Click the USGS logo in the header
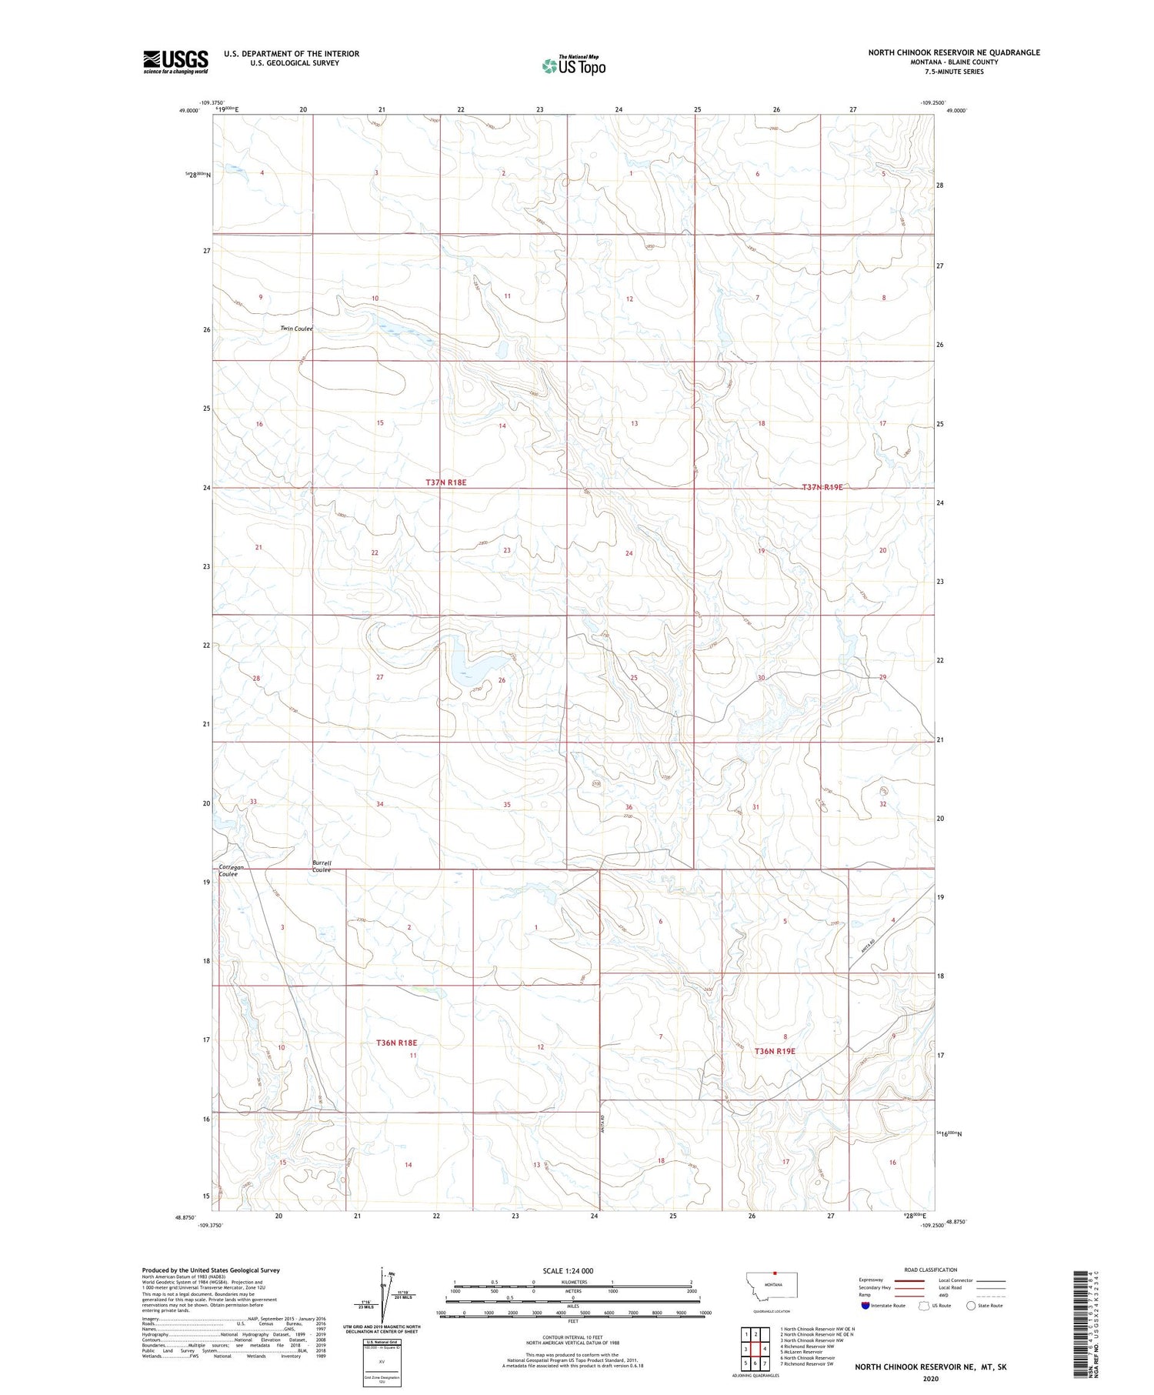click(x=175, y=62)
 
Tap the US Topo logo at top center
click(x=573, y=66)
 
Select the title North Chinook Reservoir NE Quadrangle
click(x=953, y=52)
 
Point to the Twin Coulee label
click(x=296, y=329)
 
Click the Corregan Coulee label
click(x=231, y=870)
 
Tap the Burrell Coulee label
click(x=322, y=866)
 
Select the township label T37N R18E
click(x=445, y=482)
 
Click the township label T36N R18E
click(x=396, y=1043)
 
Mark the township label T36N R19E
click(x=775, y=1051)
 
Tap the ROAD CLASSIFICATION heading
click(x=931, y=1270)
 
